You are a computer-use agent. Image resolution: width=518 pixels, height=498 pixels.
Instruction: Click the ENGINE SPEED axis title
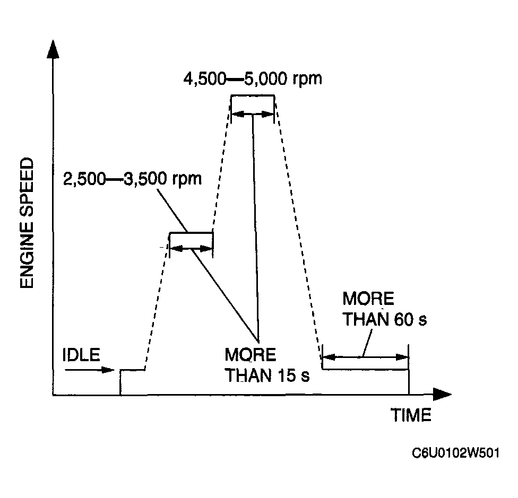point(27,223)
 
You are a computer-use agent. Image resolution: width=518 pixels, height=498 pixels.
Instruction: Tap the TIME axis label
point(411,415)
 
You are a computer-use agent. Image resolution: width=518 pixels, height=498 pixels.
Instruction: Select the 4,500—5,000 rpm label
point(252,80)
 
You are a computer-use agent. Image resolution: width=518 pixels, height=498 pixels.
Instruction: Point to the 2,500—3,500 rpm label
point(132,178)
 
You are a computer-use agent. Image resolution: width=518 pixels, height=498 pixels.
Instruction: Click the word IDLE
point(81,355)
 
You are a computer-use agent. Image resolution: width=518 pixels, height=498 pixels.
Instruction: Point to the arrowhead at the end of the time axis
point(442,395)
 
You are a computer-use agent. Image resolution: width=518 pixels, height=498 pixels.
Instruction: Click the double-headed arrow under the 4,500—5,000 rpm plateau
point(253,113)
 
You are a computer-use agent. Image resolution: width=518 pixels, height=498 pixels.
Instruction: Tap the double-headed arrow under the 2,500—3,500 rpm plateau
point(191,247)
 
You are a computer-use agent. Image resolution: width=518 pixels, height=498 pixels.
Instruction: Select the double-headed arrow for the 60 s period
point(366,357)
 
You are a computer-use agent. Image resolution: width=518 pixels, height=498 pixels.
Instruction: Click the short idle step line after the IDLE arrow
point(133,370)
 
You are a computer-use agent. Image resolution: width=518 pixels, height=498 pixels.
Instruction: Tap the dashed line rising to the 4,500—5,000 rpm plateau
point(222,164)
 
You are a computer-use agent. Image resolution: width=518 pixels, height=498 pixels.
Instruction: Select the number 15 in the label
point(286,375)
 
